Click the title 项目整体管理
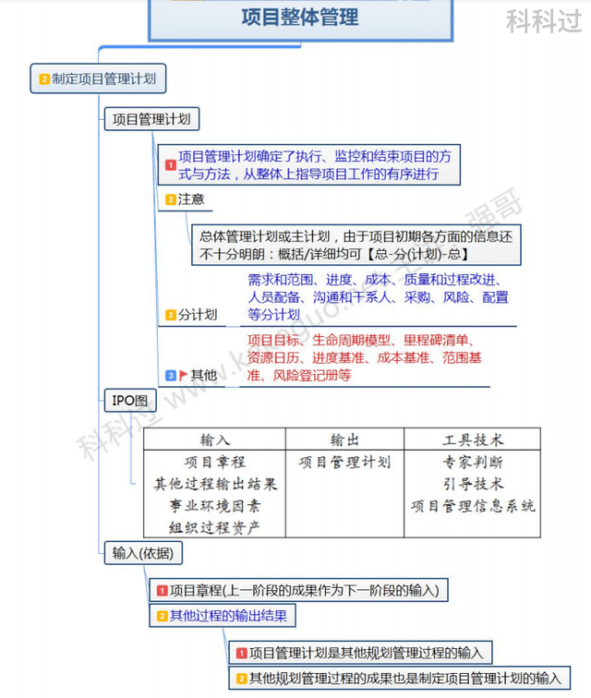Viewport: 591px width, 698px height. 300,18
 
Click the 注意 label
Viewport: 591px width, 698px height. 191,199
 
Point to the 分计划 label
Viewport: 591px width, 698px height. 198,315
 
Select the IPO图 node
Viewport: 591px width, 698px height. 129,401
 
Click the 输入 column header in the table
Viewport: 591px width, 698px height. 215,439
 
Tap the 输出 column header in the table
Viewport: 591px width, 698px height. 344,439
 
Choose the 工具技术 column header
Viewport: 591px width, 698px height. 472,439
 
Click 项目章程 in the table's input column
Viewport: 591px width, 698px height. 215,462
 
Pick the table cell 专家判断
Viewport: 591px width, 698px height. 472,462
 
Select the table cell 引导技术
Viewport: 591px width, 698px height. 472,484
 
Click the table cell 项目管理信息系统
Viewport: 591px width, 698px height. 472,506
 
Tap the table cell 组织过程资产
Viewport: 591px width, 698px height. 215,528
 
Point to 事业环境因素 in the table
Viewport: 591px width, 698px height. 215,506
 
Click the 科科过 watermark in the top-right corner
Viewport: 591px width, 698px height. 544,20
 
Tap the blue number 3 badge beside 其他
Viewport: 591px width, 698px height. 171,375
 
